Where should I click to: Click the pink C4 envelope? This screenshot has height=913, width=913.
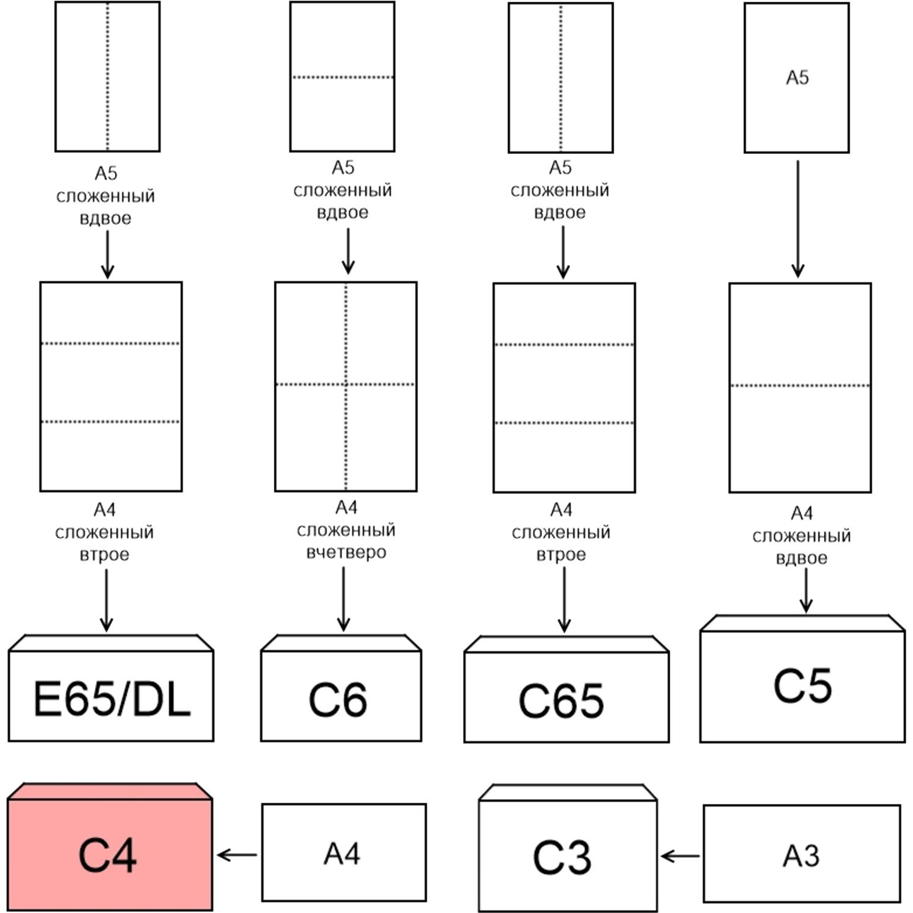tap(110, 847)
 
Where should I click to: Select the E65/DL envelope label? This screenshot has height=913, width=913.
tap(112, 699)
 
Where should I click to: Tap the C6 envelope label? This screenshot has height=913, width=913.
tap(338, 700)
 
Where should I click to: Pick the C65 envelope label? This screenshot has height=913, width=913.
tap(561, 701)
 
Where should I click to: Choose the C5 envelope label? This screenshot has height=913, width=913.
tap(802, 686)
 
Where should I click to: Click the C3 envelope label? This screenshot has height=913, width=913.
tap(562, 858)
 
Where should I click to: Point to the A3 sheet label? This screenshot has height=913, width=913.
tap(801, 856)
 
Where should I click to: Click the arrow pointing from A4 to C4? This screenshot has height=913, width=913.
tap(237, 855)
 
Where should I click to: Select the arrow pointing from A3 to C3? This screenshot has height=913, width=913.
tap(680, 856)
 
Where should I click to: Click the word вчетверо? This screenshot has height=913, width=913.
tap(346, 553)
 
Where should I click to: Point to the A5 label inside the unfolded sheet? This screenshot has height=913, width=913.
tap(797, 77)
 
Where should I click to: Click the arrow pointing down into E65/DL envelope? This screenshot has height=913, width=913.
tap(107, 600)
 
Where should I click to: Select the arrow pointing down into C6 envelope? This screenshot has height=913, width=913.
tap(343, 599)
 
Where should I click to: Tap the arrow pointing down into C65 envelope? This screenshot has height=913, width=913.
tap(564, 600)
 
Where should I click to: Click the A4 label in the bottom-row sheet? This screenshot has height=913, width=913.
tap(342, 853)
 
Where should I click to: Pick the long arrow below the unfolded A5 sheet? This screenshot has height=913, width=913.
tap(798, 219)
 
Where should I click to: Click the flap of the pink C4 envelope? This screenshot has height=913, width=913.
tap(110, 791)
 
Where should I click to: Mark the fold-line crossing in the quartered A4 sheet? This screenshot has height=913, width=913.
tap(346, 384)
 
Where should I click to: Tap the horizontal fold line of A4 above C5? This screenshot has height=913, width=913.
tap(800, 385)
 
